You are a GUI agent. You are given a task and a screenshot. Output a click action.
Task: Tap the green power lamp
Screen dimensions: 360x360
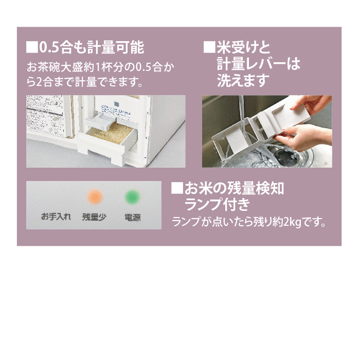[x=132, y=197]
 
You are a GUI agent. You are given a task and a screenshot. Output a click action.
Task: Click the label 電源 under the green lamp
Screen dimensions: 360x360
[x=132, y=217]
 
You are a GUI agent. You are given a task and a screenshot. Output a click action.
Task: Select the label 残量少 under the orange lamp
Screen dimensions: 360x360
[x=94, y=217]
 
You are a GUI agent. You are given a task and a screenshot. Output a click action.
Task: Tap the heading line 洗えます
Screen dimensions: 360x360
[x=243, y=81]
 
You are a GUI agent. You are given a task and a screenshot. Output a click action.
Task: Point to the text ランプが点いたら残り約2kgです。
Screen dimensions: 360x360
[x=249, y=223]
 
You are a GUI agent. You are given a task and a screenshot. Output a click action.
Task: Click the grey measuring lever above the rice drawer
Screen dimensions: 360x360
[x=101, y=121]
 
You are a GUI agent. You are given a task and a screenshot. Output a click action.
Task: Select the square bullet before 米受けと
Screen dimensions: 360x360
[x=209, y=48]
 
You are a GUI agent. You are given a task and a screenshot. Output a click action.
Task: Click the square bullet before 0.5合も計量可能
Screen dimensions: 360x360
[x=32, y=48]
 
